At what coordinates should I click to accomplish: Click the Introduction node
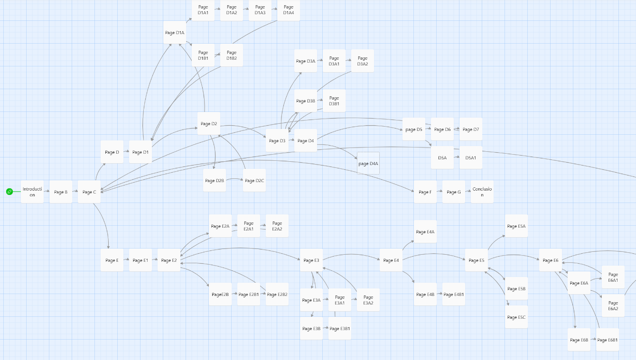tap(32, 192)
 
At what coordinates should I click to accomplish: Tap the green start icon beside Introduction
tap(9, 192)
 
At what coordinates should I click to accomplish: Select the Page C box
tap(89, 192)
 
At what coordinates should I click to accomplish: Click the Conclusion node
tap(482, 192)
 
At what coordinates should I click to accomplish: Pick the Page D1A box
tap(175, 32)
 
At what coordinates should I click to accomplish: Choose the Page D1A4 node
tap(289, 10)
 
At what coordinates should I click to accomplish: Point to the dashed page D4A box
tap(368, 163)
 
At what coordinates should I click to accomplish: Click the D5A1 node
tap(471, 157)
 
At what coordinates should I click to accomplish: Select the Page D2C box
tap(254, 180)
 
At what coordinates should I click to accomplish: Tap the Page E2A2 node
tap(277, 226)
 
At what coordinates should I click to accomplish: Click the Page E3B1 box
tap(340, 328)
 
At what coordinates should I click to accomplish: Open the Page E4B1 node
tap(454, 294)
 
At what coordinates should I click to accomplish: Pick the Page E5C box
tap(516, 317)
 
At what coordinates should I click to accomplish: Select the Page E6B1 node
tap(608, 340)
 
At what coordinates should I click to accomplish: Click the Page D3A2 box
tap(363, 61)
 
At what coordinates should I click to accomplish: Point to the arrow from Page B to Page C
tap(75, 192)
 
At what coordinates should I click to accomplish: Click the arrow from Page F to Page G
tap(440, 192)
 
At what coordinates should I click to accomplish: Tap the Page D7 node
tap(471, 129)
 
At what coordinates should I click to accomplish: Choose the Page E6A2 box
tap(613, 305)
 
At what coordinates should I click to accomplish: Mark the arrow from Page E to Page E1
tap(126, 260)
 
